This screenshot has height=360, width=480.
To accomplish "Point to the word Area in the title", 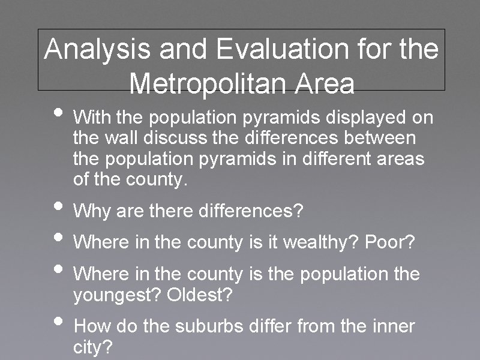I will coord(328,83).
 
